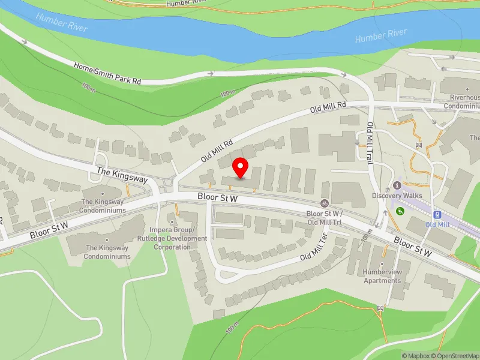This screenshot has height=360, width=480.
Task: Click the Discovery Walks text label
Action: (x=397, y=196)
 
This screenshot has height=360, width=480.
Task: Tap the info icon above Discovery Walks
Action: (x=397, y=185)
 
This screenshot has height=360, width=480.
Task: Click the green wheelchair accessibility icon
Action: (x=400, y=211)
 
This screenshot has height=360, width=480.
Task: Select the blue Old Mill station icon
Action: (x=437, y=214)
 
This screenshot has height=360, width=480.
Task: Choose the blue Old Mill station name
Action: (x=437, y=224)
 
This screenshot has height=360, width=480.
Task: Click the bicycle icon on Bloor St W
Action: (x=324, y=203)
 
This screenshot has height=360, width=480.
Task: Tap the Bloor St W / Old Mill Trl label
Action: (x=324, y=217)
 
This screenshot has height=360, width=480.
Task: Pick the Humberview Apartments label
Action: (x=382, y=277)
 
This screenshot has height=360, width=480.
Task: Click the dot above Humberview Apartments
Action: (x=382, y=263)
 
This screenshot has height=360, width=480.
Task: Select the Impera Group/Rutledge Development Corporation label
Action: (x=172, y=238)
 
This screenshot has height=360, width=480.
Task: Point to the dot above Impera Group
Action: (x=172, y=222)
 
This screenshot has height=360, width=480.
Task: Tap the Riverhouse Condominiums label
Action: (x=461, y=101)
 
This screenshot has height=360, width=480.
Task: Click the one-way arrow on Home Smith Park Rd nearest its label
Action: (x=209, y=73)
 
